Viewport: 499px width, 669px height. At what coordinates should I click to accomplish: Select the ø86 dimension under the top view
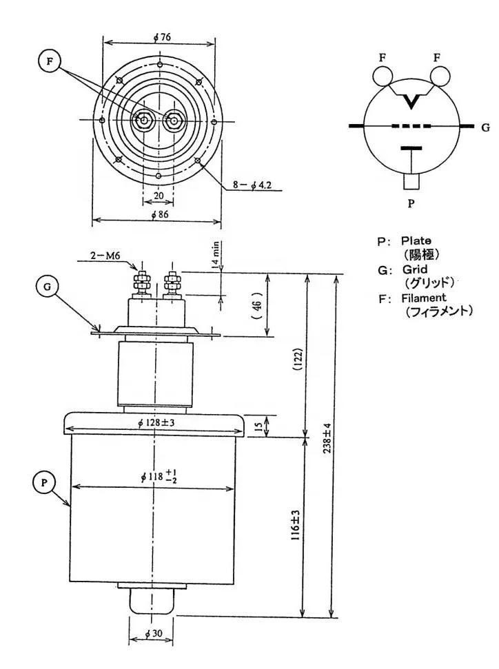coord(158,214)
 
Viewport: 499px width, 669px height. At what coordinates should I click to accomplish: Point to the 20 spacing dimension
coord(159,195)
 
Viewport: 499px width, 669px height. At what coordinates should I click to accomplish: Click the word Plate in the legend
coord(416,240)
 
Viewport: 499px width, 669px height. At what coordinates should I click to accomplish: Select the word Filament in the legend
coord(422,297)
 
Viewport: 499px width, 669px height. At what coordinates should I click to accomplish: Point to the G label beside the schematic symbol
coord(485,127)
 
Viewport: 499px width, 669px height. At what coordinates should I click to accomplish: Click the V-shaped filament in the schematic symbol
coord(412,102)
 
